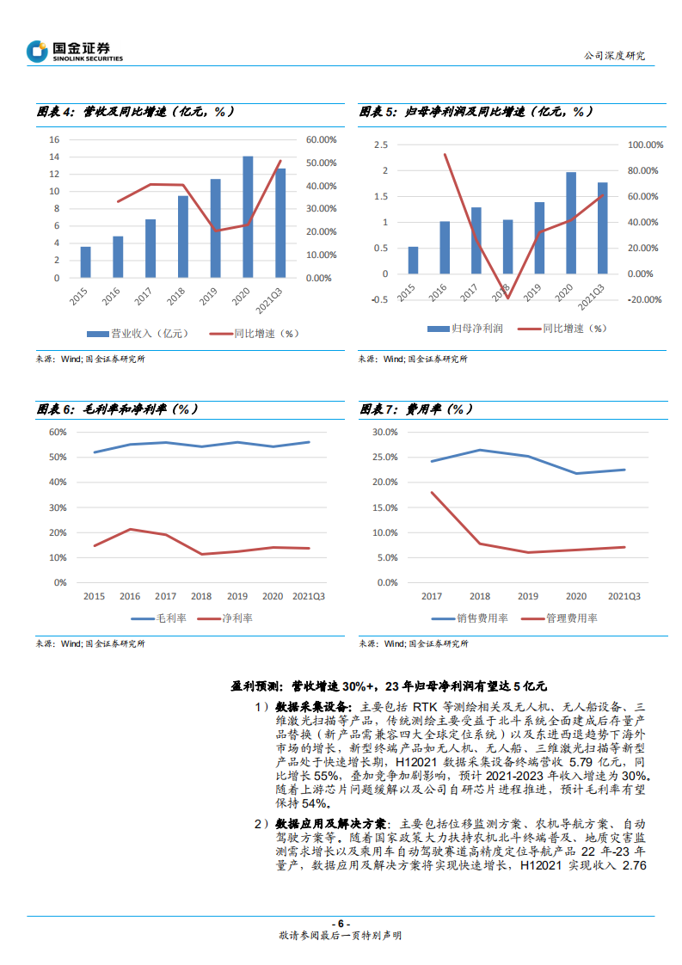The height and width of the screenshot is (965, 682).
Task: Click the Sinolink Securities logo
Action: click(75, 52)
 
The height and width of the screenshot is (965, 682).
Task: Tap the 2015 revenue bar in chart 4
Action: click(85, 262)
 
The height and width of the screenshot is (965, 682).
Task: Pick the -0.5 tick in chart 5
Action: click(380, 299)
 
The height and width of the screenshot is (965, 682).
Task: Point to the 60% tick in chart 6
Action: click(58, 432)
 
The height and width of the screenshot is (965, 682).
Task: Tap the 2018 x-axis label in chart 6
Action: click(201, 596)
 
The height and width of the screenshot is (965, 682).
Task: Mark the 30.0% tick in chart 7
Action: click(384, 432)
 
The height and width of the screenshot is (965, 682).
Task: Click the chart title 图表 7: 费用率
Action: click(415, 408)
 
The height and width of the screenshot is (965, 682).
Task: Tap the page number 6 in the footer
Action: click(341, 923)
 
